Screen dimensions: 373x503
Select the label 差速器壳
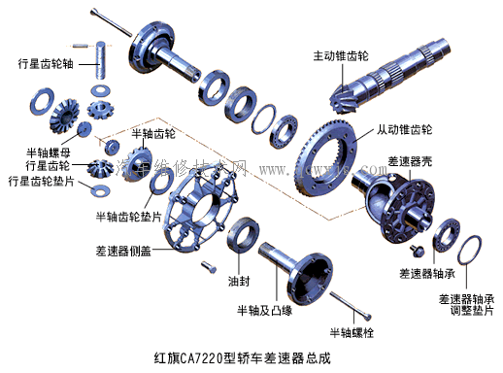coord(410,160)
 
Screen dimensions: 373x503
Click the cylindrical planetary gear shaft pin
coord(101,61)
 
